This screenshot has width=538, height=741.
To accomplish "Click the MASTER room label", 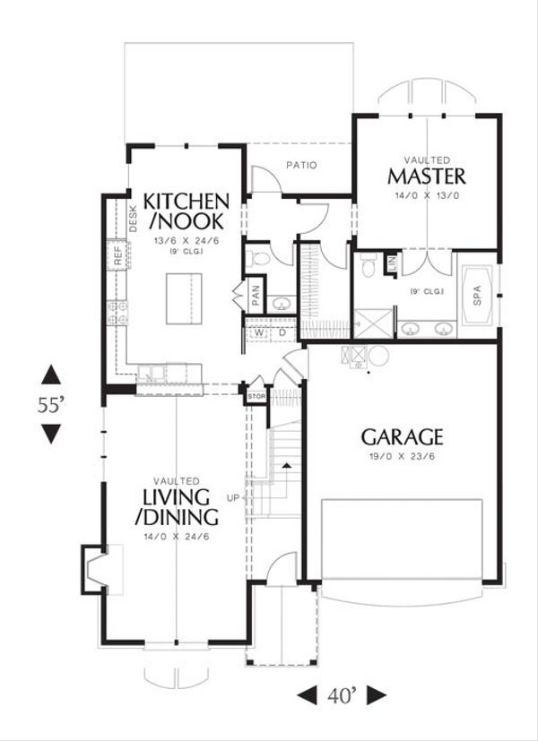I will click(x=426, y=173).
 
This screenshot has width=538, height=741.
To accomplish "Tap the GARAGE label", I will click(x=403, y=437).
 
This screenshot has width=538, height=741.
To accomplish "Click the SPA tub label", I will click(x=477, y=293).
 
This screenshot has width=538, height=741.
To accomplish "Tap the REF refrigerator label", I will click(x=117, y=254).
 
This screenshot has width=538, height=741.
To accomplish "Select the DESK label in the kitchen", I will click(x=133, y=218).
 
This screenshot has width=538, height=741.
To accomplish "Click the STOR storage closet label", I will click(x=255, y=394).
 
